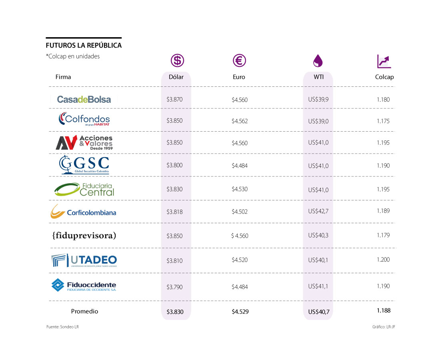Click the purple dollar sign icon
click(177, 60)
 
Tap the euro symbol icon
click(239, 60)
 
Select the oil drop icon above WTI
click(318, 61)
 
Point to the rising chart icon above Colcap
click(384, 61)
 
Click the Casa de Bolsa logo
click(84, 100)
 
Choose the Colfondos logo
click(84, 119)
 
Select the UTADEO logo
click(84, 260)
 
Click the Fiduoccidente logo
click(84, 285)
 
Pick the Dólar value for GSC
click(174, 165)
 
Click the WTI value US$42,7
click(318, 211)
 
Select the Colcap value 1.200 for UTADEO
click(383, 260)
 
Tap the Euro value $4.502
click(240, 212)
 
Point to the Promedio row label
click(84, 311)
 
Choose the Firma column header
click(63, 77)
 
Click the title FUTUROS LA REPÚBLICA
click(84, 46)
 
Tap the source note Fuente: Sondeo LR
click(62, 327)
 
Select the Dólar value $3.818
click(174, 212)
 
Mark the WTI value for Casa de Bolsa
click(318, 100)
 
